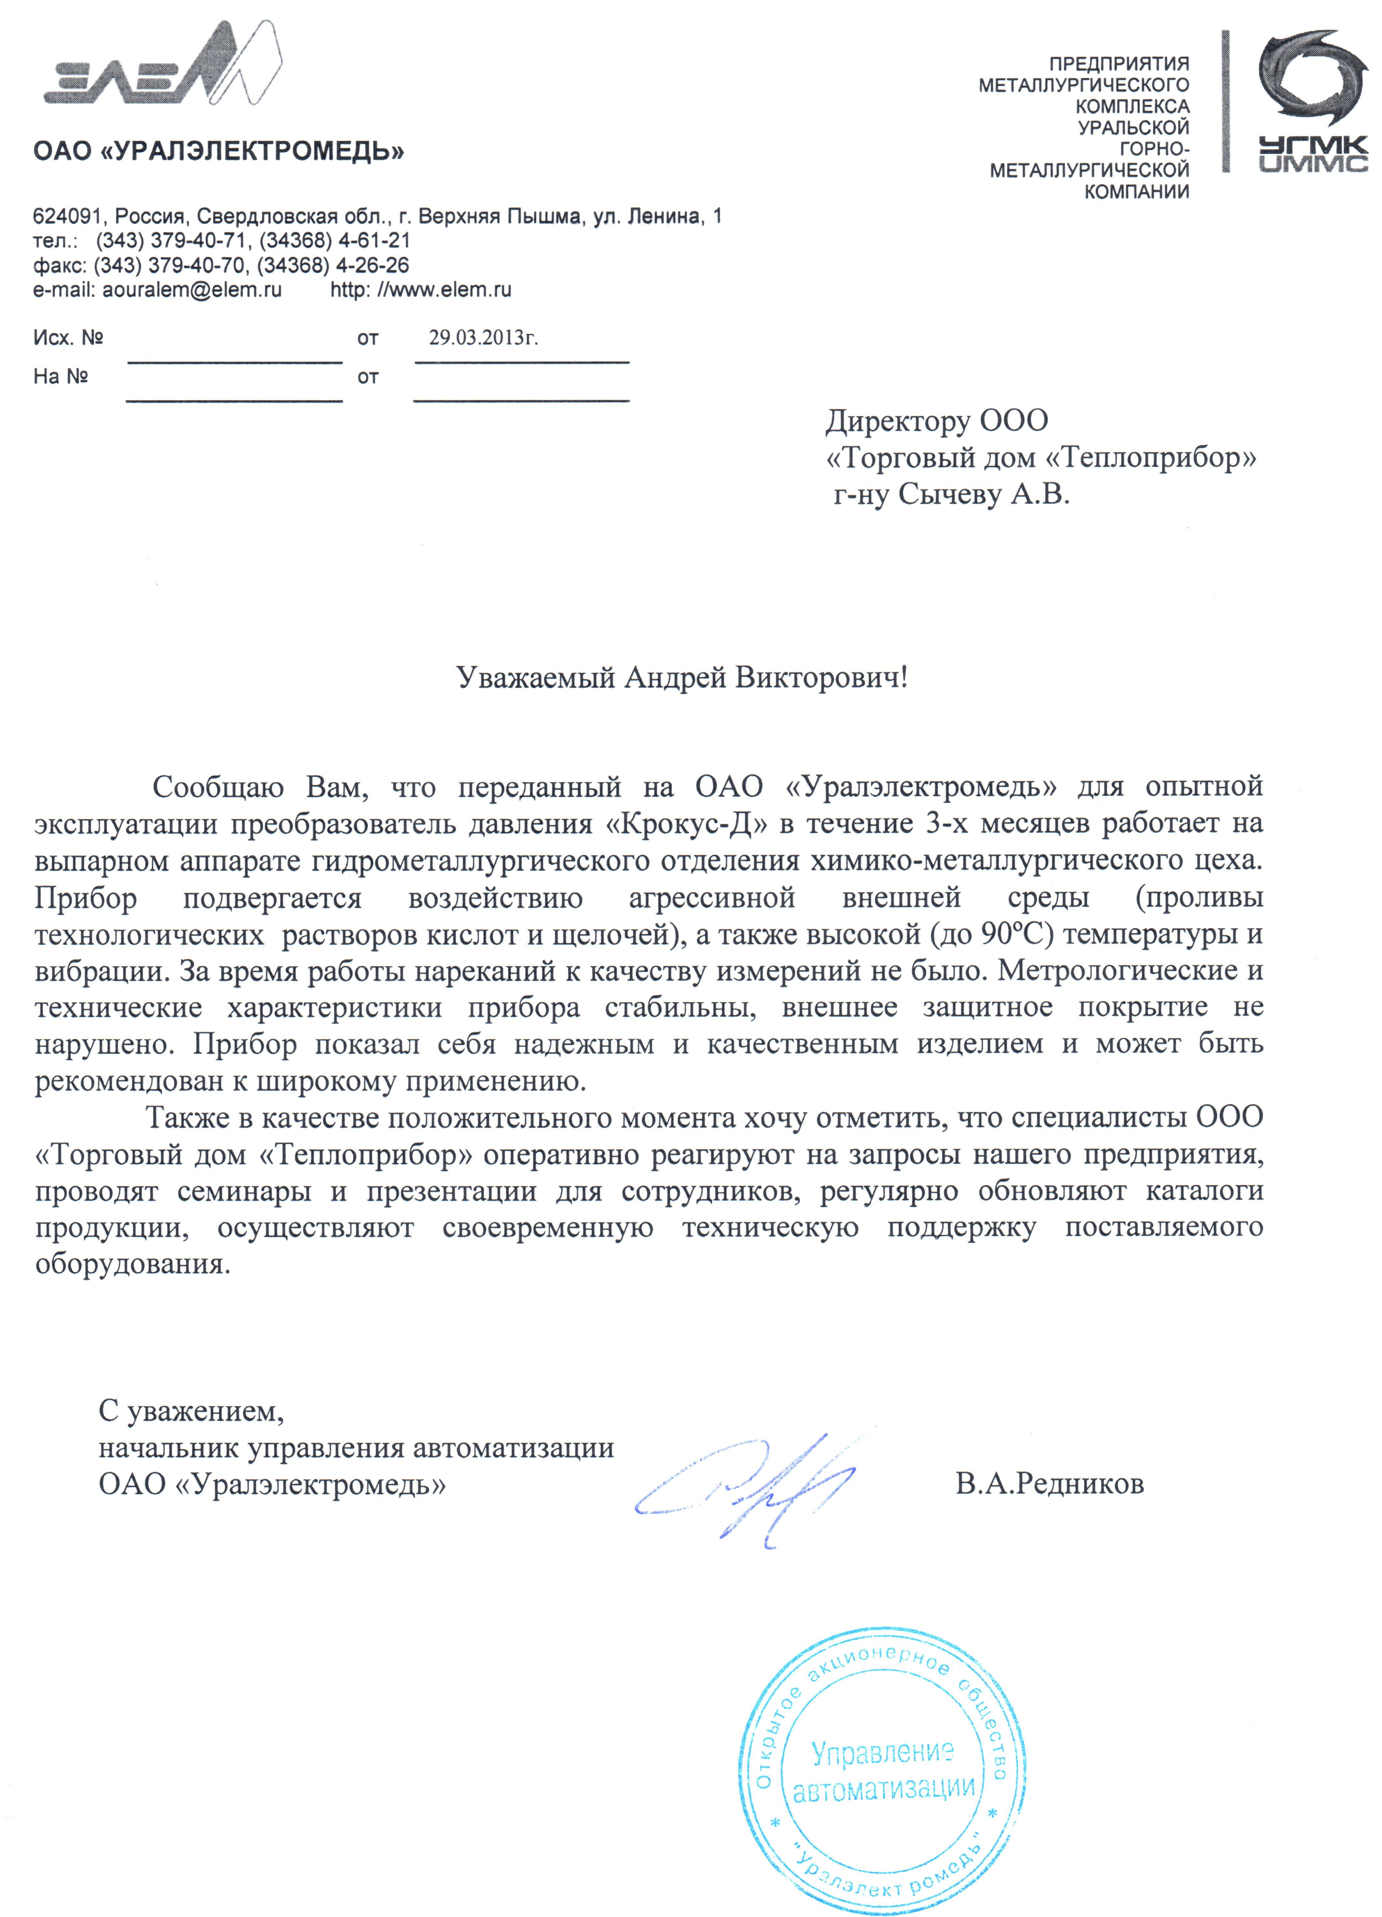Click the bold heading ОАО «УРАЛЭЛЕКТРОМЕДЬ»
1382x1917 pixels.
click(x=218, y=152)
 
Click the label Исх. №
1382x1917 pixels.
click(x=68, y=338)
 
